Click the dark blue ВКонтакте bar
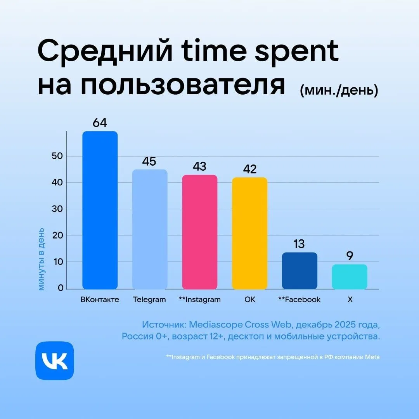(100, 210)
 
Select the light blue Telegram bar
(150, 229)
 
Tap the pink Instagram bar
(200, 232)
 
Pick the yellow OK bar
(249, 233)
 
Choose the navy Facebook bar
(300, 270)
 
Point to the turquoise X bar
(350, 277)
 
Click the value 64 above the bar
(100, 123)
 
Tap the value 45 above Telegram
(149, 162)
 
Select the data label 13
(299, 244)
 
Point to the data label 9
(350, 256)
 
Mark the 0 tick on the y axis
(60, 288)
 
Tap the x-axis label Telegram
(149, 300)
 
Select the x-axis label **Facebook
(300, 300)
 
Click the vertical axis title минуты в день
(42, 259)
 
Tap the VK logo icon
(55, 360)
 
